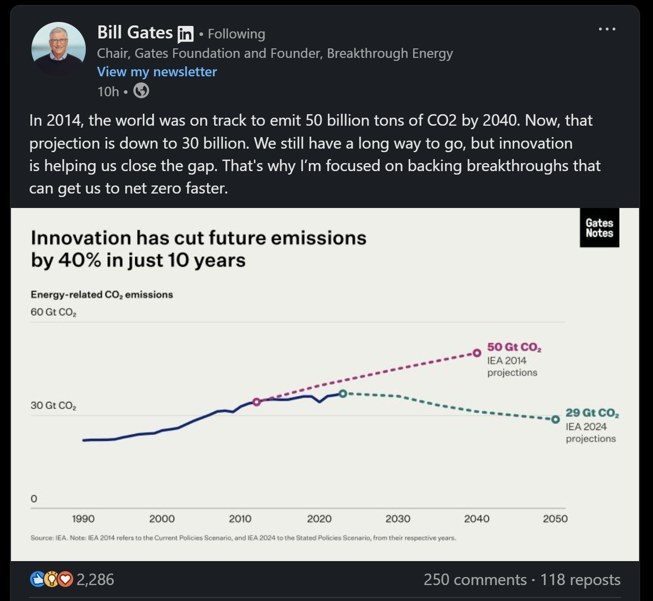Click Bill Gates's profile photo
58,49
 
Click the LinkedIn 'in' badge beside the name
186,34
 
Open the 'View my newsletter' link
157,72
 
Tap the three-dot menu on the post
607,29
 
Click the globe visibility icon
141,91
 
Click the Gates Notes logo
599,228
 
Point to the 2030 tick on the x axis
398,519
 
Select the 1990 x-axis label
83,519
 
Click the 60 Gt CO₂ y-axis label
53,312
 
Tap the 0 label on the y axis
34,499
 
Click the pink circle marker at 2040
477,353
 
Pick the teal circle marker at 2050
555,419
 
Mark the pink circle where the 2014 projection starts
256,401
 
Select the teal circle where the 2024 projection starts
343,394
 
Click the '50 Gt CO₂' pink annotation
514,347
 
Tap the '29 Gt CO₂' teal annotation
592,413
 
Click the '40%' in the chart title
80,260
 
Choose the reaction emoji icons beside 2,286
52,579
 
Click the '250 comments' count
475,580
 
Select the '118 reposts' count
580,580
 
